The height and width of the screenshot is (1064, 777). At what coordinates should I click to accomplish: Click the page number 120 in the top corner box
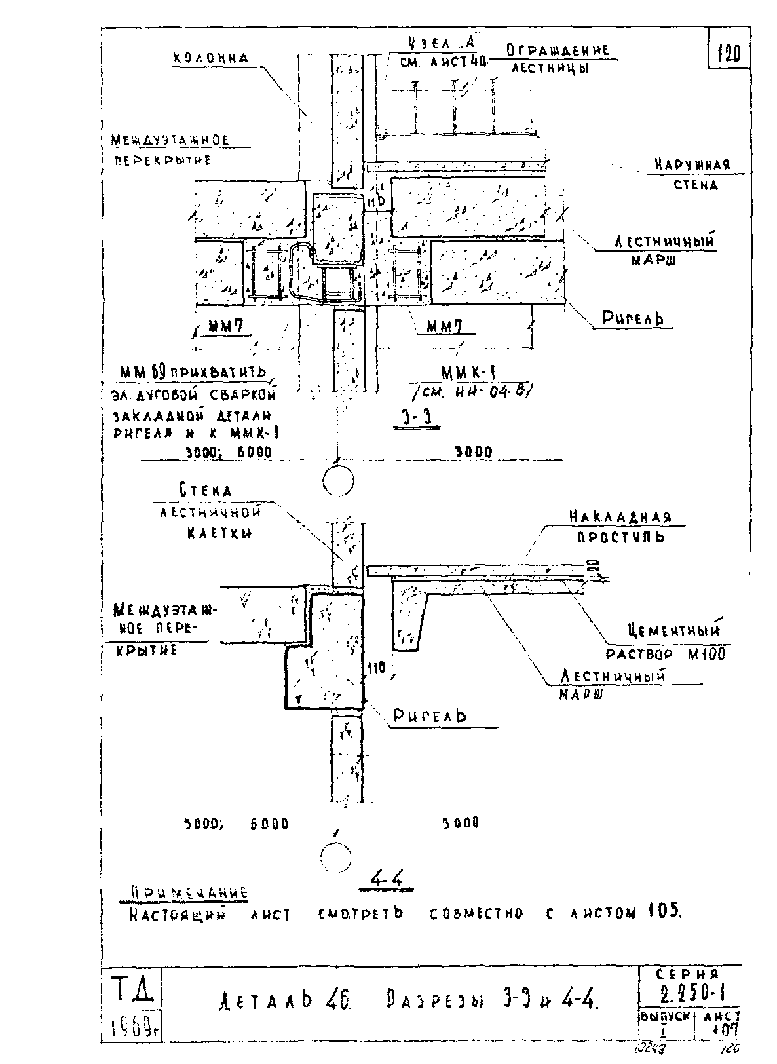point(729,53)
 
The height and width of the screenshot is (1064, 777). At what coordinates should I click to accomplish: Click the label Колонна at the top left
point(210,58)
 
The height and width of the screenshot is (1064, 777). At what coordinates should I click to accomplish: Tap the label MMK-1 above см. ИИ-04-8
point(468,373)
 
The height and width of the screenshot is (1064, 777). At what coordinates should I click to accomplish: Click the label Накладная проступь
point(620,527)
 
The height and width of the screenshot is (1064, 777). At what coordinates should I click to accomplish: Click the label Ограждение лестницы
point(558,58)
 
